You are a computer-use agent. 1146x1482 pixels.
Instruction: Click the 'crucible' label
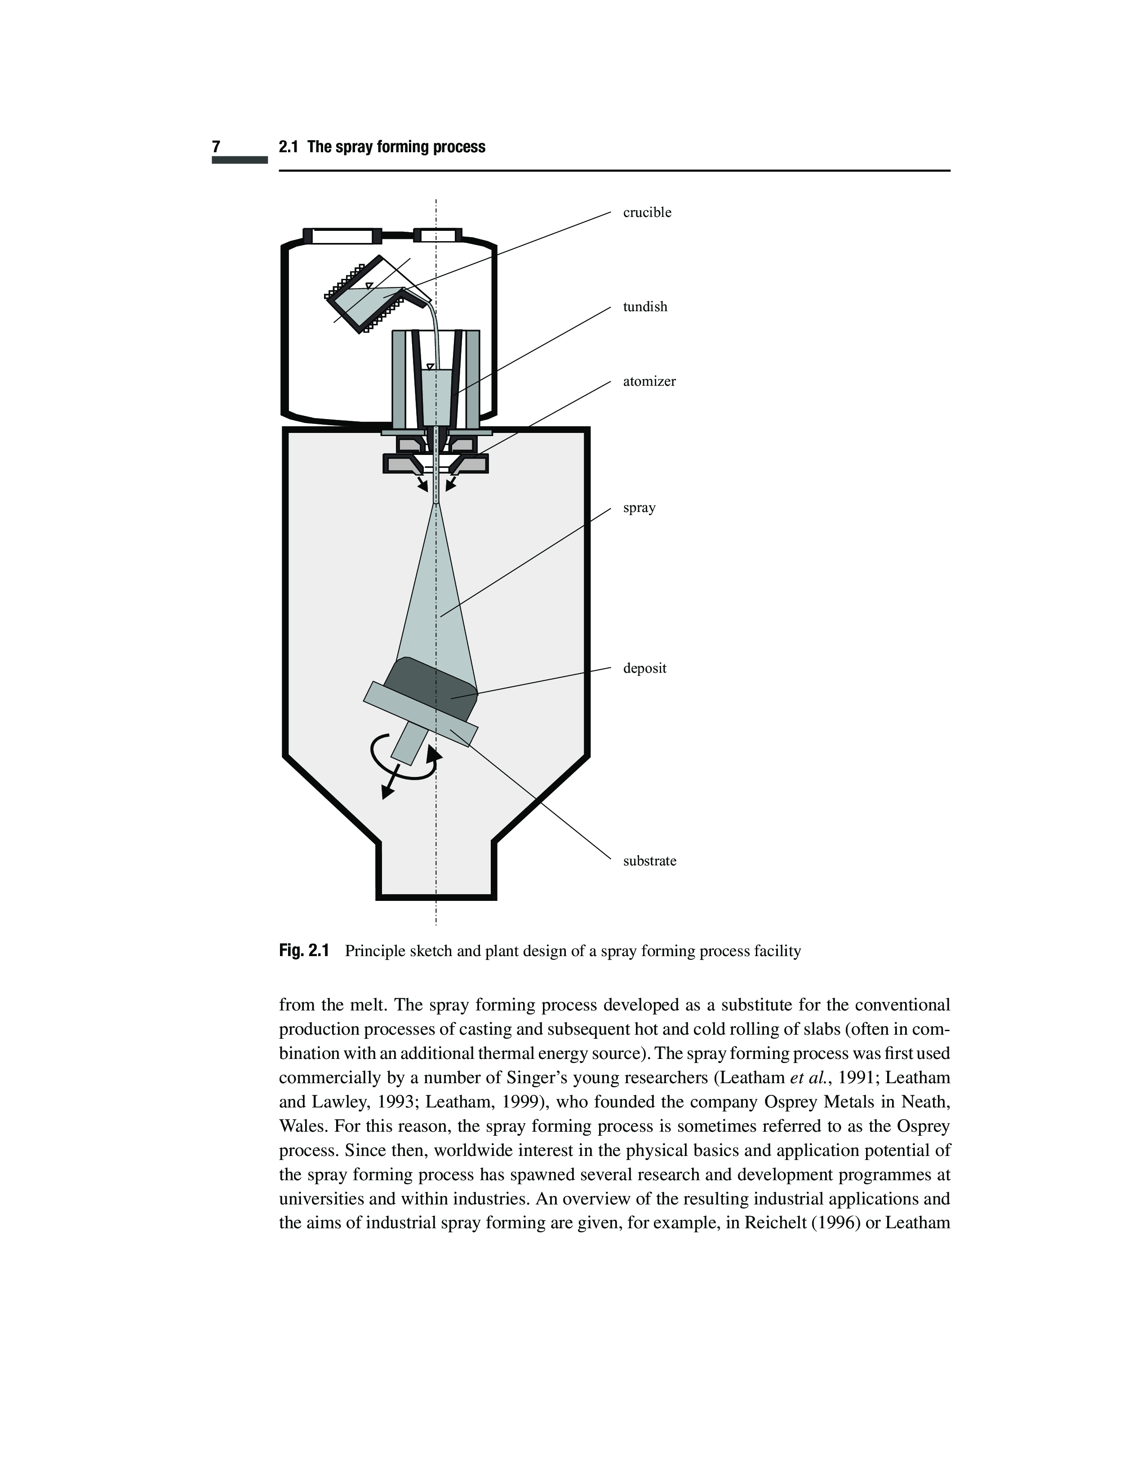[x=647, y=212]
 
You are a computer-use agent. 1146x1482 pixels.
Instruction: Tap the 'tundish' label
[x=645, y=307]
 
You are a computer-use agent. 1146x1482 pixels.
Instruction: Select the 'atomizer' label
[x=649, y=381]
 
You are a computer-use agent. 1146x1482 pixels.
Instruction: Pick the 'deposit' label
[x=644, y=668]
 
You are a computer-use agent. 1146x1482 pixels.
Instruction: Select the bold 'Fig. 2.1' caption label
[x=303, y=951]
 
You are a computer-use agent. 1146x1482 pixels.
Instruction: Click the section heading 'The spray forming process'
[x=396, y=147]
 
